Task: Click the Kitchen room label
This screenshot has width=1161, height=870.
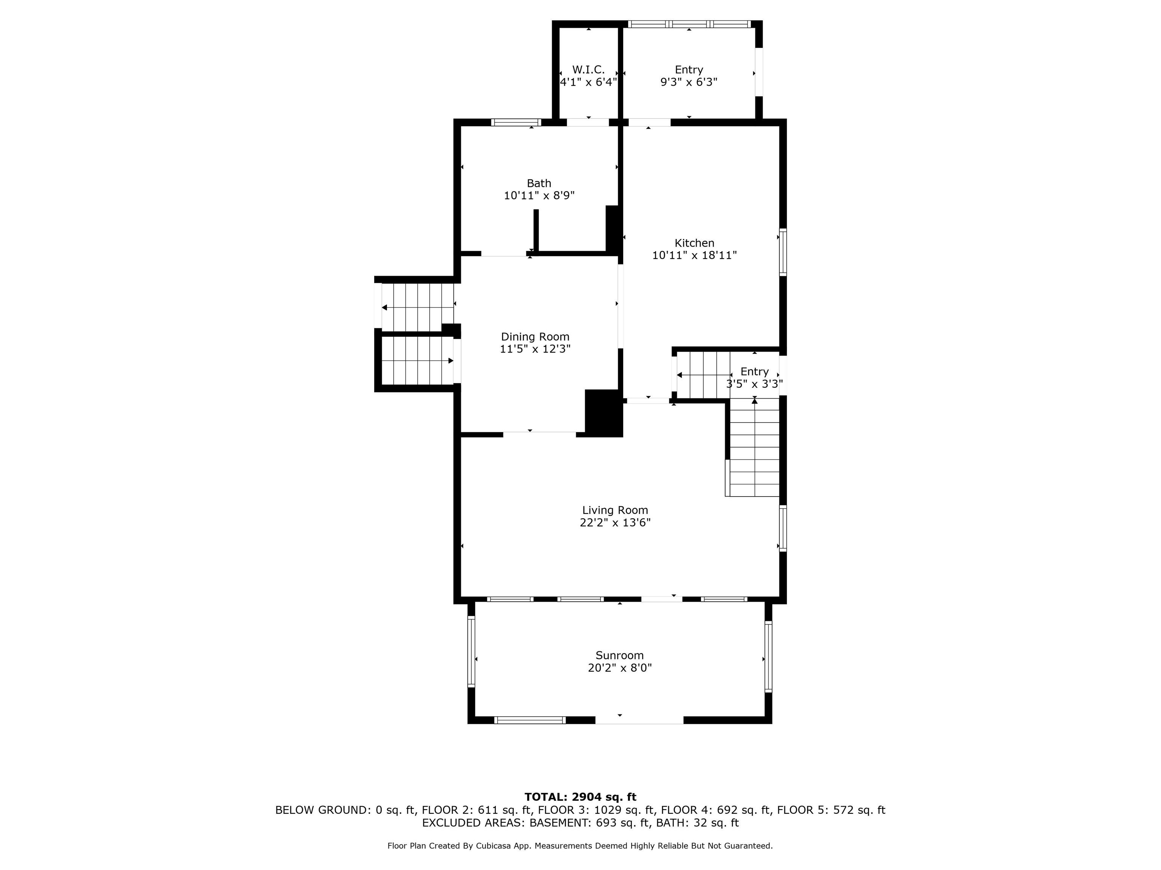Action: (x=694, y=243)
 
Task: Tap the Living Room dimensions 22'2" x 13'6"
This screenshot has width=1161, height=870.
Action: (x=615, y=522)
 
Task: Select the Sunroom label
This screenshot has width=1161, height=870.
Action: (x=619, y=656)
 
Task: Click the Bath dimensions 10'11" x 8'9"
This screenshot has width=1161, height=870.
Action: (x=539, y=196)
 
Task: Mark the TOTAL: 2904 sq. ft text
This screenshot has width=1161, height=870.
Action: (x=580, y=797)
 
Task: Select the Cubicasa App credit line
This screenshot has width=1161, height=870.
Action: (x=580, y=846)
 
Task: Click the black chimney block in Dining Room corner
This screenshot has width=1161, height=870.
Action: (x=604, y=413)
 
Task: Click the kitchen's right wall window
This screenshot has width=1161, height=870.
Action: (x=783, y=252)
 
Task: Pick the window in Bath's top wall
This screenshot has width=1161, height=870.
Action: (x=516, y=123)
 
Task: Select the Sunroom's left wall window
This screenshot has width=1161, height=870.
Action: (x=471, y=652)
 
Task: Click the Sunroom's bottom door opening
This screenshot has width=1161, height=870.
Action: (x=639, y=720)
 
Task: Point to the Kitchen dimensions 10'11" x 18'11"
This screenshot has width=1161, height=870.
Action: (x=694, y=255)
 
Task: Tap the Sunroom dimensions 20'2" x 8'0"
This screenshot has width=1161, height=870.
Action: (x=620, y=668)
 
